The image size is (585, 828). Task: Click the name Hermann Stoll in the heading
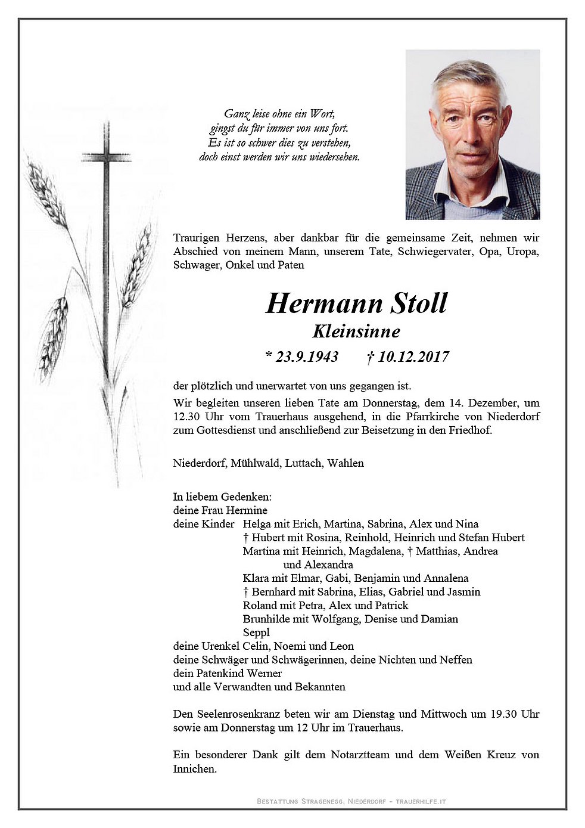click(356, 303)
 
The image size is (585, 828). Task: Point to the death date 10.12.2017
click(410, 357)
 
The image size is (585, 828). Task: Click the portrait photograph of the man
click(472, 135)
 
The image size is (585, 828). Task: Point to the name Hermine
click(247, 510)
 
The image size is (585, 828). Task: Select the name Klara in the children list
click(256, 578)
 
